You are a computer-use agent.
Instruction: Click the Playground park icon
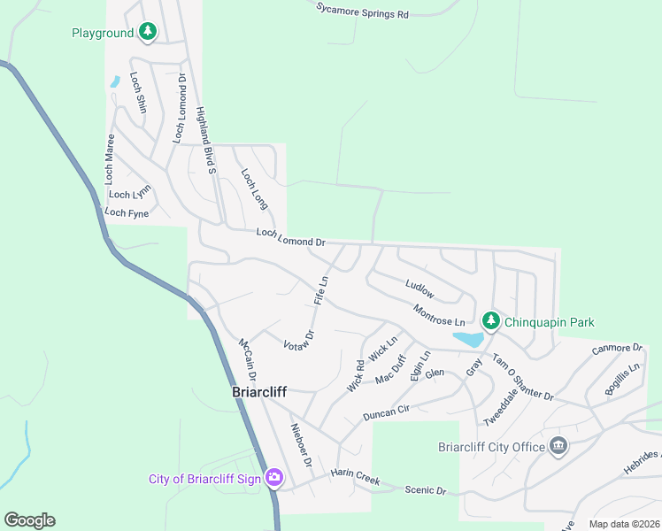[149, 34]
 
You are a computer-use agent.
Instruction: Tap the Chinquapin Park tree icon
[490, 321]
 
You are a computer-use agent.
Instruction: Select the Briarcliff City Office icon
[558, 446]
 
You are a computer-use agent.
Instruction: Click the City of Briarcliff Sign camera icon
[274, 479]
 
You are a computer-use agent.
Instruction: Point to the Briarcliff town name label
[258, 391]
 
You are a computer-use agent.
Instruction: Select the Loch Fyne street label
[127, 212]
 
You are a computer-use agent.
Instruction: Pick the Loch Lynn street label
[130, 193]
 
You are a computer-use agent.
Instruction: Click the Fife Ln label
[321, 291]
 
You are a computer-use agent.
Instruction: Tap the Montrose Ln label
[439, 314]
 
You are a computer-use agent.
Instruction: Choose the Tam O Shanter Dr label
[522, 376]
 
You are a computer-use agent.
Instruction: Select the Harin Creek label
[355, 477]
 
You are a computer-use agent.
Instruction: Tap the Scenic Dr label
[426, 490]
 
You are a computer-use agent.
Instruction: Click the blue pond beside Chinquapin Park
[467, 339]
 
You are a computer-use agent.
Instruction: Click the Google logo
[29, 520]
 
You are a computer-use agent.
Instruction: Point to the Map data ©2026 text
[623, 524]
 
